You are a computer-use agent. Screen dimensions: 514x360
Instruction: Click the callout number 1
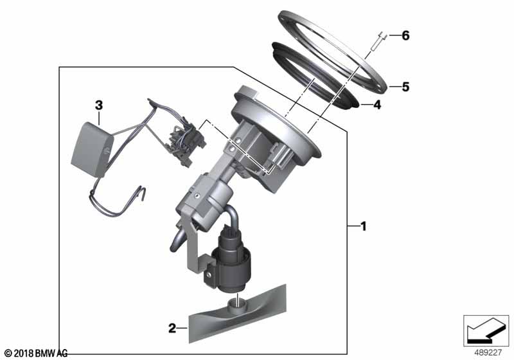tap(363, 226)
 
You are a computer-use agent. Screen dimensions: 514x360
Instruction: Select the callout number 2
tap(172, 328)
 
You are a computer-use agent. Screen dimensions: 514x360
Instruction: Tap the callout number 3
tap(99, 105)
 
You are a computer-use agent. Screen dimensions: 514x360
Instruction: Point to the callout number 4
tap(377, 105)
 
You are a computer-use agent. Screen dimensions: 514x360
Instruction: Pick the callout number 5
tap(405, 87)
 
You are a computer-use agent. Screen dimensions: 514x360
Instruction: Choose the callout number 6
tap(405, 35)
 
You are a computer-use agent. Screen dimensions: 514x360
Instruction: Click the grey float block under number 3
tap(92, 149)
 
